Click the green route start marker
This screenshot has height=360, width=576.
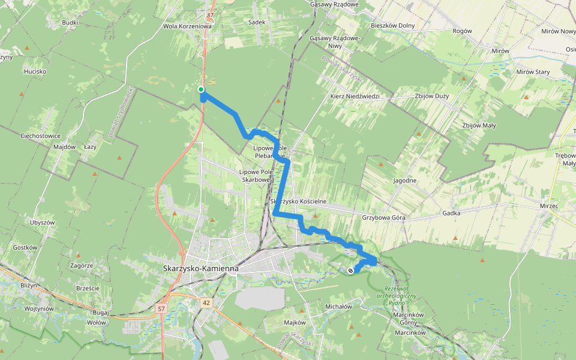pyautogui.click(x=201, y=89)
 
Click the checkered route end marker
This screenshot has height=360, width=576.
pyautogui.click(x=350, y=271)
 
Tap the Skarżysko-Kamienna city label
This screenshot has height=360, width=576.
pyautogui.click(x=201, y=268)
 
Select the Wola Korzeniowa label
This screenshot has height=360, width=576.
pyautogui.click(x=188, y=26)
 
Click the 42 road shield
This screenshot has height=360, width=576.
pyautogui.click(x=206, y=303)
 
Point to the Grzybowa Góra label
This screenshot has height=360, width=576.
pyautogui.click(x=384, y=217)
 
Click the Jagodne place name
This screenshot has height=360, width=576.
pyautogui.click(x=404, y=181)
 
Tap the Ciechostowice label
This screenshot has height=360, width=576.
pyautogui.click(x=40, y=136)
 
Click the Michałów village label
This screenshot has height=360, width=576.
pyautogui.click(x=338, y=306)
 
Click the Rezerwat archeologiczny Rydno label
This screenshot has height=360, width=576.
pyautogui.click(x=396, y=295)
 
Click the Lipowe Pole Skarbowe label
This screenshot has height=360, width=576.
pyautogui.click(x=257, y=175)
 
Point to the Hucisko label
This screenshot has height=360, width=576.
pyautogui.click(x=35, y=71)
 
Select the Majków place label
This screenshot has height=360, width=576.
pyautogui.click(x=295, y=322)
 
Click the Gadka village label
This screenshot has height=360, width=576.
pyautogui.click(x=451, y=213)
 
